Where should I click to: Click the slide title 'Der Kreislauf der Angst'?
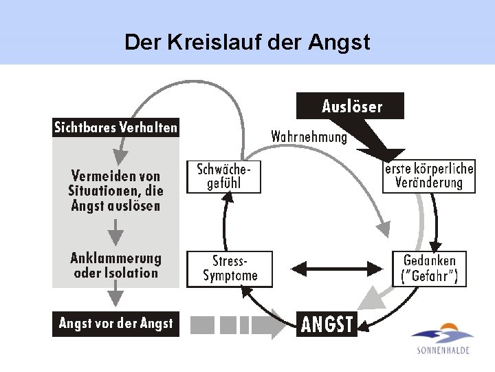tap(247, 43)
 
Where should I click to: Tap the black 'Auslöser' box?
tap(351, 106)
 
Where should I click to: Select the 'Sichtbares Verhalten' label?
tap(116, 127)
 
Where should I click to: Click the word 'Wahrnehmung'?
tap(309, 137)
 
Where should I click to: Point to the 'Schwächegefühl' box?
tap(224, 177)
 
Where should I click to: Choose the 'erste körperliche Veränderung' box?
tap(429, 176)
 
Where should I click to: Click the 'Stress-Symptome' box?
tap(230, 269)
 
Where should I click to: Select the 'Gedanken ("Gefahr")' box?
tap(429, 269)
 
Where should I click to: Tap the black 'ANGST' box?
tap(327, 323)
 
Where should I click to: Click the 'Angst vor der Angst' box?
tap(116, 323)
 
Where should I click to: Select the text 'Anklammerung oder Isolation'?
tap(115, 266)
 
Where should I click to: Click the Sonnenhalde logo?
tap(443, 338)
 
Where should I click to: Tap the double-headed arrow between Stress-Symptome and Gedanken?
tap(337, 267)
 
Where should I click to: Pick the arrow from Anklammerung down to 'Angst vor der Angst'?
tap(116, 296)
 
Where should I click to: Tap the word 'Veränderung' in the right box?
tap(429, 183)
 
